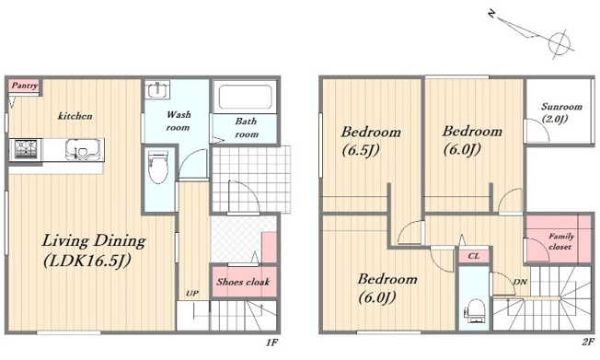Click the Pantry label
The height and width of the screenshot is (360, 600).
(x=25, y=86)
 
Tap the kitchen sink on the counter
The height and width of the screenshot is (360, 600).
(x=84, y=149)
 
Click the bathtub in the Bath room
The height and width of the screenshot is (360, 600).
(x=246, y=96)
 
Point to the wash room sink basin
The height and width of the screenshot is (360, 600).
(x=156, y=91)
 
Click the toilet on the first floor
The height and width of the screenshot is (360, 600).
(x=158, y=168)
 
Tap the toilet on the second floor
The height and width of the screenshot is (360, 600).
(x=475, y=311)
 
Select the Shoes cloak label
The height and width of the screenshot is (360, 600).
(x=243, y=283)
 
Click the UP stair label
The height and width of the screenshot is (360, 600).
(x=192, y=294)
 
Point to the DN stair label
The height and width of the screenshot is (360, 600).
(x=520, y=283)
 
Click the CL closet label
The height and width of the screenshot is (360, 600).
(x=474, y=256)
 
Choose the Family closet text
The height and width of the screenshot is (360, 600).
(x=560, y=241)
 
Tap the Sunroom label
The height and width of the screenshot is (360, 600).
(x=561, y=107)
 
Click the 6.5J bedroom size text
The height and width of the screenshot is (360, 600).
(x=361, y=150)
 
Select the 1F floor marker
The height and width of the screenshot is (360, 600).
(x=271, y=342)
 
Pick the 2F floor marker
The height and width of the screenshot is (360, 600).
(x=588, y=342)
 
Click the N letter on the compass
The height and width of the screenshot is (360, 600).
(x=492, y=14)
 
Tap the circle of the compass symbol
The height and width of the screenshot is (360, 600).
(x=560, y=42)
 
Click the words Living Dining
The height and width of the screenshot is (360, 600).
(x=94, y=241)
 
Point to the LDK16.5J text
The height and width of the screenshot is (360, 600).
(x=87, y=261)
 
